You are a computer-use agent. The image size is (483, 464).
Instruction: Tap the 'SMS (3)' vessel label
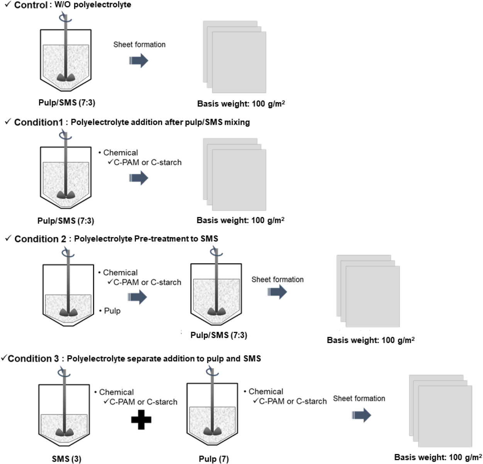click(x=66, y=459)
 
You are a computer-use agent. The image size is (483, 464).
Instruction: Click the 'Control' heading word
click(x=31, y=5)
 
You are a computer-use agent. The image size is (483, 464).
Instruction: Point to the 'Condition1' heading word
click(x=39, y=122)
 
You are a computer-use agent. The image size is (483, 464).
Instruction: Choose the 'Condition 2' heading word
click(x=40, y=239)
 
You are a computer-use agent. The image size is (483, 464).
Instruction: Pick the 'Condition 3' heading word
click(x=33, y=358)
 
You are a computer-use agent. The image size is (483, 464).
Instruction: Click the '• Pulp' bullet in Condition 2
click(x=110, y=311)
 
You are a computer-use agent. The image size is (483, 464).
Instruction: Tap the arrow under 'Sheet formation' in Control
click(x=139, y=60)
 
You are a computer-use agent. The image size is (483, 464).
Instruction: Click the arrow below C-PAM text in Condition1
click(x=139, y=178)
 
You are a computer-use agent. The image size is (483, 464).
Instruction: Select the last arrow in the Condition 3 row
click(x=361, y=415)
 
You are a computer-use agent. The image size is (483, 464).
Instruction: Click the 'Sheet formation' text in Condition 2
click(x=277, y=280)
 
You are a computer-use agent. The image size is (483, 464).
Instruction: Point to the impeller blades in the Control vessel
click(x=66, y=77)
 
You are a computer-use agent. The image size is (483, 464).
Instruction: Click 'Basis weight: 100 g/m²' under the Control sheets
click(x=241, y=104)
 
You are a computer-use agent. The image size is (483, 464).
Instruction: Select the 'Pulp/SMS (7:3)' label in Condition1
click(x=66, y=221)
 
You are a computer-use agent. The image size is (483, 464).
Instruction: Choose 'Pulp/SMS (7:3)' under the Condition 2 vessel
click(x=219, y=335)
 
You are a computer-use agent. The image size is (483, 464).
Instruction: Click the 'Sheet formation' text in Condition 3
click(x=359, y=398)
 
